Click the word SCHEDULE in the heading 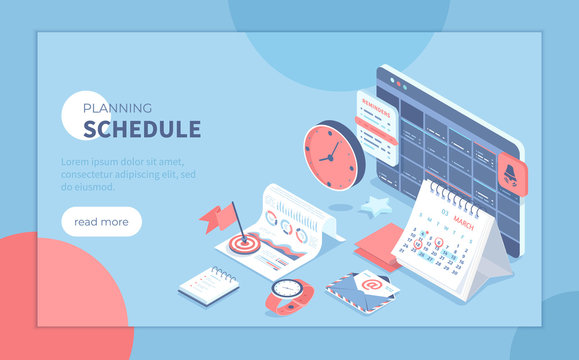tap(142, 129)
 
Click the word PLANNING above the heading tap(117, 108)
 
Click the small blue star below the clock tap(376, 208)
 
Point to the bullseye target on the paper tap(242, 242)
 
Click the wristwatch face tap(287, 290)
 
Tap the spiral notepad tap(208, 284)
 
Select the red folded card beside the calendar tap(376, 242)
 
